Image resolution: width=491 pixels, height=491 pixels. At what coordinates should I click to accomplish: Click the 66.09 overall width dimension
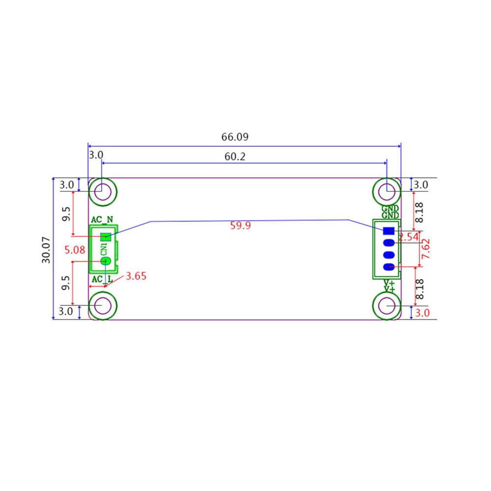(x=235, y=137)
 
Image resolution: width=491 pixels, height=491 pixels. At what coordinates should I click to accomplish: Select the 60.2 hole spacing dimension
(x=235, y=157)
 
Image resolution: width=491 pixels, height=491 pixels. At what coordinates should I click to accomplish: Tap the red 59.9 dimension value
(x=241, y=226)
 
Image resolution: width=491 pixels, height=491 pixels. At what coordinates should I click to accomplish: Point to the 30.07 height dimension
(x=47, y=249)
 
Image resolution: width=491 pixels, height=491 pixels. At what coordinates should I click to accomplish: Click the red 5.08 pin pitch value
(x=75, y=250)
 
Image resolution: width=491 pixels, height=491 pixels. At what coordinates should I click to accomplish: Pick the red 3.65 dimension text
(x=136, y=276)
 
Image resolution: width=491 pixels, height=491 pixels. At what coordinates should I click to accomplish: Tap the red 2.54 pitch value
(x=408, y=237)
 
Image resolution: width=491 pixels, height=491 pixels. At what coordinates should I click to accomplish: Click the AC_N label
(x=102, y=219)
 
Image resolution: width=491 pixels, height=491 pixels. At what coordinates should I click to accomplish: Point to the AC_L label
(x=102, y=279)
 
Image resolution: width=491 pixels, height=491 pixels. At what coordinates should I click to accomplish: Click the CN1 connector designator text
(x=104, y=249)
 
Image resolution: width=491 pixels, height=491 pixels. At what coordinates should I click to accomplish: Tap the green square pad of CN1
(x=105, y=237)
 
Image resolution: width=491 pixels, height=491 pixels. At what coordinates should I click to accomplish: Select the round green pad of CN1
(x=105, y=261)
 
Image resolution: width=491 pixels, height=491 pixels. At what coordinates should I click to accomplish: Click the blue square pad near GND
(x=389, y=231)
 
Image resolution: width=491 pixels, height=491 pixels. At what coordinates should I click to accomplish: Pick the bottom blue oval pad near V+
(x=389, y=267)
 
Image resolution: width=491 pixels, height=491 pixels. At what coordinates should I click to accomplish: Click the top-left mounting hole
(x=102, y=190)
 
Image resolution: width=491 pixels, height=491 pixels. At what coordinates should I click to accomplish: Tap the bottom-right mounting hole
(x=387, y=306)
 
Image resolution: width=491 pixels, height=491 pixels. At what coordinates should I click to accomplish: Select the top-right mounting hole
(x=387, y=189)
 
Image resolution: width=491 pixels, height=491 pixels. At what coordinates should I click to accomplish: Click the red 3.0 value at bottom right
(x=422, y=313)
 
